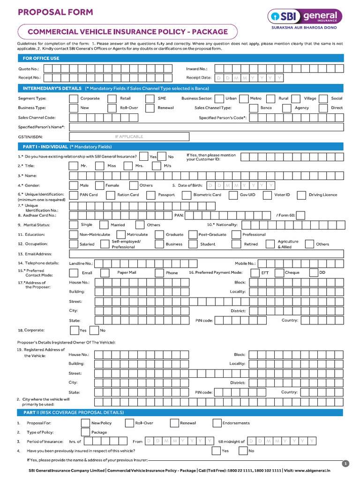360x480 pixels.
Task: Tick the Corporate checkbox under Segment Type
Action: pyautogui.click(x=74, y=98)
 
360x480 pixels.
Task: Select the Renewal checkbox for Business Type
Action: pyautogui.click(x=150, y=108)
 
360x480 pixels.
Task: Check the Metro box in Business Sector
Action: pyautogui.click(x=244, y=98)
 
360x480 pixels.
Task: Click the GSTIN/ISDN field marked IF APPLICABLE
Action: pyautogui.click(x=129, y=136)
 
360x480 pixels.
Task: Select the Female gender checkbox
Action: pyautogui.click(x=99, y=185)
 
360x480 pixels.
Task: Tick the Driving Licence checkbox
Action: pyautogui.click(x=301, y=195)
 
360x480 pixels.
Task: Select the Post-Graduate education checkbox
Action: pyautogui.click(x=192, y=234)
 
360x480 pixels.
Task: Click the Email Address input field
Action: pyautogui.click(x=206, y=254)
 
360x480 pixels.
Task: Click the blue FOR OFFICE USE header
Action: pyautogui.click(x=180, y=58)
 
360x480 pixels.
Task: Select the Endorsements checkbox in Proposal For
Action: pyautogui.click(x=217, y=423)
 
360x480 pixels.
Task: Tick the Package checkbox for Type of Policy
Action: pyautogui.click(x=85, y=433)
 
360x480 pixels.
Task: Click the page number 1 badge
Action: pyautogui.click(x=346, y=464)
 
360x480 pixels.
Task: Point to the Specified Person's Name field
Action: pyautogui.click(x=206, y=127)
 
